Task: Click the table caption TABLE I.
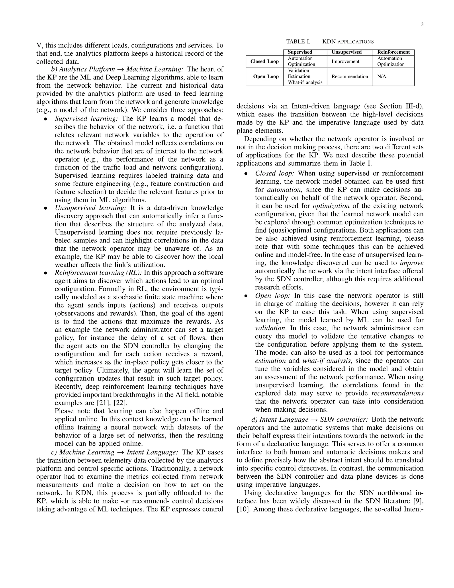pos(298,42)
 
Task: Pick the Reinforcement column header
pos(393,52)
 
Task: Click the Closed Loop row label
pos(264,61)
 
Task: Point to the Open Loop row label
pos(266,77)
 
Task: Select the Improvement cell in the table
pos(345,61)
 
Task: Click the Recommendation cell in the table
pos(350,77)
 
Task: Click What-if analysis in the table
pos(305,82)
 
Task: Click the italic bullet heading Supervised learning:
pos(86,119)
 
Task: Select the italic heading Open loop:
pos(272,296)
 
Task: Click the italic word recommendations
pos(397,393)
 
